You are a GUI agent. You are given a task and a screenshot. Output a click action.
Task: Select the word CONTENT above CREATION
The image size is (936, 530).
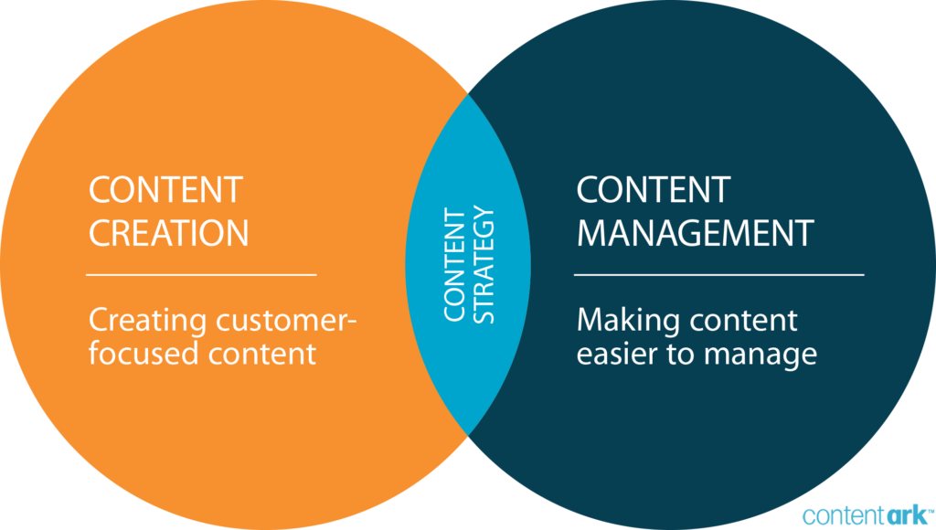[x=165, y=190]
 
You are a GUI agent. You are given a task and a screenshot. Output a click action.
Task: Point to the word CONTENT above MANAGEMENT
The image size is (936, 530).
[x=653, y=190]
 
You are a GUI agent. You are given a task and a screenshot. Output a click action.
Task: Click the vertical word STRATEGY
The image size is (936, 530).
[x=485, y=265]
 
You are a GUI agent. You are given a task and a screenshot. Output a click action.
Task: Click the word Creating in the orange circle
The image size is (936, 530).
[x=148, y=322]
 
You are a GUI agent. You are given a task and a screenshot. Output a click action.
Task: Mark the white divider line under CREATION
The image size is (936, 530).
[x=201, y=274]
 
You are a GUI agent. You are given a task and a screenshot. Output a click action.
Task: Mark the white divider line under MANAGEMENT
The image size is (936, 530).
[x=718, y=274]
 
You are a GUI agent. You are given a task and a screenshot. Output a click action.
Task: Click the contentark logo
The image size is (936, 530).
[x=867, y=514]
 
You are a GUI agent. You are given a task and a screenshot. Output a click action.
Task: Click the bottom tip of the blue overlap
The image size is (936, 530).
[x=468, y=436]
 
